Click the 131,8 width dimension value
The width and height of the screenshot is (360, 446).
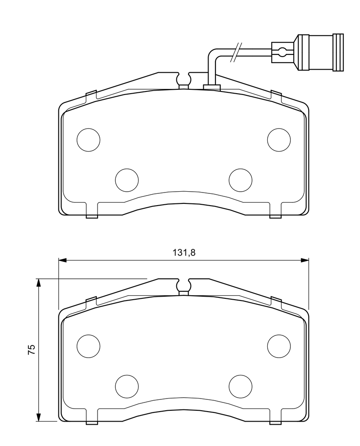(x=184, y=252)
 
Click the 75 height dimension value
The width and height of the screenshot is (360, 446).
(x=32, y=349)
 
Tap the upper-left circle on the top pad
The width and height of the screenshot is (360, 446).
(x=88, y=140)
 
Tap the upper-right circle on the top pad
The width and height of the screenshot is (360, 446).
(x=279, y=140)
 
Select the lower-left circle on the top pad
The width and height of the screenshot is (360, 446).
(x=127, y=180)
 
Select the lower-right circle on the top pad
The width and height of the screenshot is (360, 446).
(x=241, y=180)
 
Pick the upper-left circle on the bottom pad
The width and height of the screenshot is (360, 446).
(x=88, y=346)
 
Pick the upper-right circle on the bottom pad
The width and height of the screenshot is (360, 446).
(x=279, y=346)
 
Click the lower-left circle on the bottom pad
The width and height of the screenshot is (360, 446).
(x=127, y=387)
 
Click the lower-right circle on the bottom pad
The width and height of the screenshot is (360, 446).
(x=241, y=387)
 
